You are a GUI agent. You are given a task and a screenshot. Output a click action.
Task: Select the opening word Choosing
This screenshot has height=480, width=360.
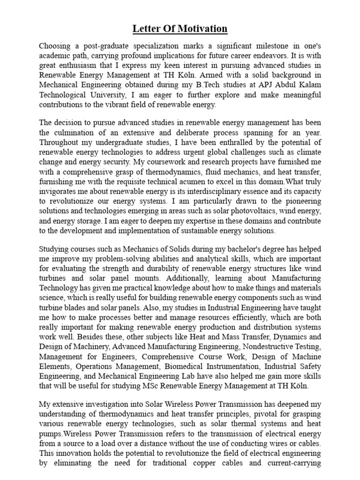click(56, 46)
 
